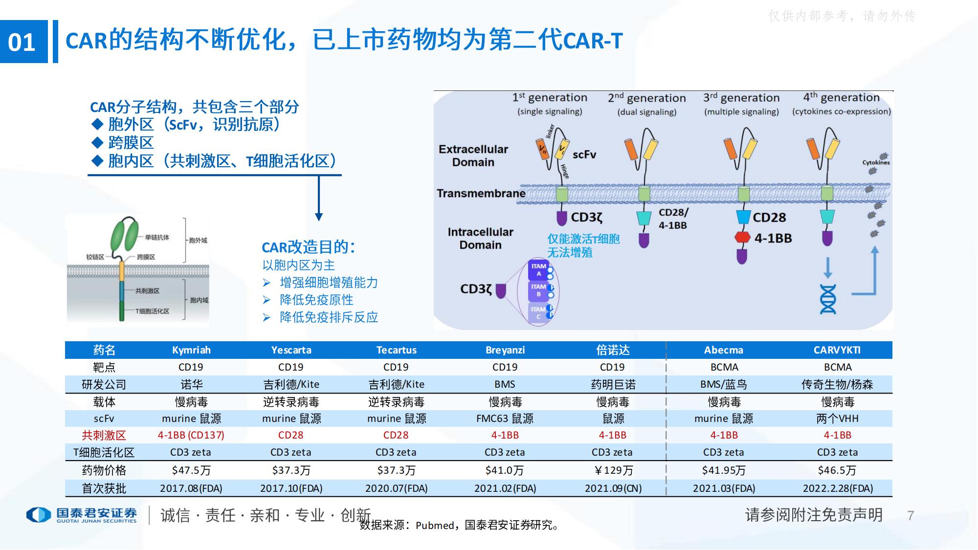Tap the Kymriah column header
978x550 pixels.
191,350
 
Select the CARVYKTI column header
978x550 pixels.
837,350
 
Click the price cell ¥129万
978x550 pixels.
613,470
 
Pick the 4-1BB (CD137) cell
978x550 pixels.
191,435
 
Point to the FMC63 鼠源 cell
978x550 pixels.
505,418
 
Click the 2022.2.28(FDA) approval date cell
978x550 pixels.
837,488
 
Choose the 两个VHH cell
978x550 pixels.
837,418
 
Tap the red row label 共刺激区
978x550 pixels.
104,435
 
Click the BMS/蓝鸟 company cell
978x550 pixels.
723,384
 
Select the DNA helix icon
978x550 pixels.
827,299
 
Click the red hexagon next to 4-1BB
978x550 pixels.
742,238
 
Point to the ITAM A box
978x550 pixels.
539,270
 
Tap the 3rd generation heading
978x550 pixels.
741,98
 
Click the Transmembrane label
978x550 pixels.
481,194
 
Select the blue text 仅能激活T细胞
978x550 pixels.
583,239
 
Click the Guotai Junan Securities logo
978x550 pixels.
82,515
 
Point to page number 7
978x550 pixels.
910,515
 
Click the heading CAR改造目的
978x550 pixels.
308,247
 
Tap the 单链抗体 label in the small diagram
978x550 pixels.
157,238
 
